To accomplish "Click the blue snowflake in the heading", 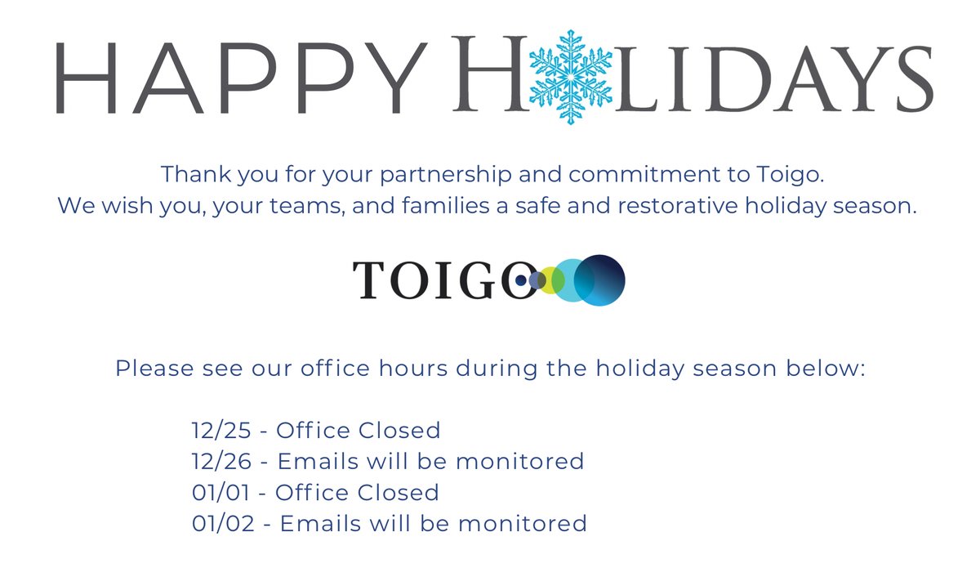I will (x=571, y=76).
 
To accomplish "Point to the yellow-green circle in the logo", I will (x=553, y=280).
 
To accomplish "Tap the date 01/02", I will (x=220, y=524).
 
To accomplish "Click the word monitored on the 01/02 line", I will (x=523, y=524).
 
